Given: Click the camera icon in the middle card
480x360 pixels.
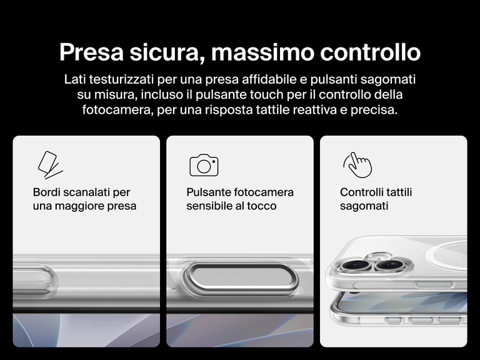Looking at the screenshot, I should [204, 165].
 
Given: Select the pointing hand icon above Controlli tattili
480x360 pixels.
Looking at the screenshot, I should [357, 164].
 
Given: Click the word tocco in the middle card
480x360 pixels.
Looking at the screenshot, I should [262, 206].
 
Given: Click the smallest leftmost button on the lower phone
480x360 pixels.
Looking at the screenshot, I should [393, 320].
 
